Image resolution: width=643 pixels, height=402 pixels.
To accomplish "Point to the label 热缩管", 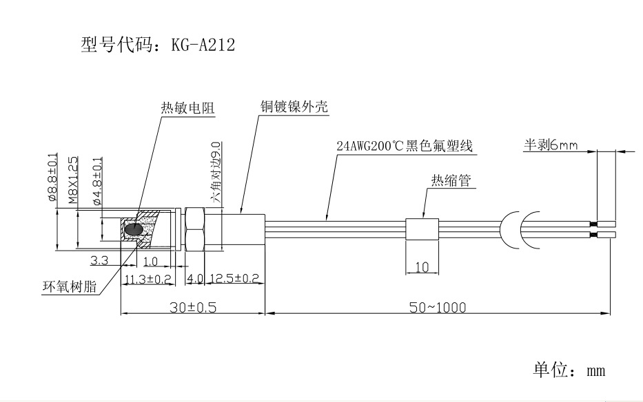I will click(451, 181).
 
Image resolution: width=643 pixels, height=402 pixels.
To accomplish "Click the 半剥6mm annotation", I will click(549, 146).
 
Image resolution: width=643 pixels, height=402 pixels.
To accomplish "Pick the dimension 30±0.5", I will click(193, 307).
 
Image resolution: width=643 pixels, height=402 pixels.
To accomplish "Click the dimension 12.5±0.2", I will click(235, 279).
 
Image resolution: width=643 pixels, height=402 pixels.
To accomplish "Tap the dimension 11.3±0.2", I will click(148, 279).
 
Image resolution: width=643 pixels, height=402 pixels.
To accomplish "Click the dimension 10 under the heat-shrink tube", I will click(422, 266).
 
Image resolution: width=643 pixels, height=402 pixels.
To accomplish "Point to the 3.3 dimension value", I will click(100, 261).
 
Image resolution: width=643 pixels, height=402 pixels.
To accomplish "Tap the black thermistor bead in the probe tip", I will click(134, 229).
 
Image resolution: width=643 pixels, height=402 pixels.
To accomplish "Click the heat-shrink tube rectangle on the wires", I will click(421, 229).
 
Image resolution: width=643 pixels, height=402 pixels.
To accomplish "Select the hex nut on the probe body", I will click(195, 229).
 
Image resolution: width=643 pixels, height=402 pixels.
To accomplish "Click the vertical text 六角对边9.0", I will click(216, 169).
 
